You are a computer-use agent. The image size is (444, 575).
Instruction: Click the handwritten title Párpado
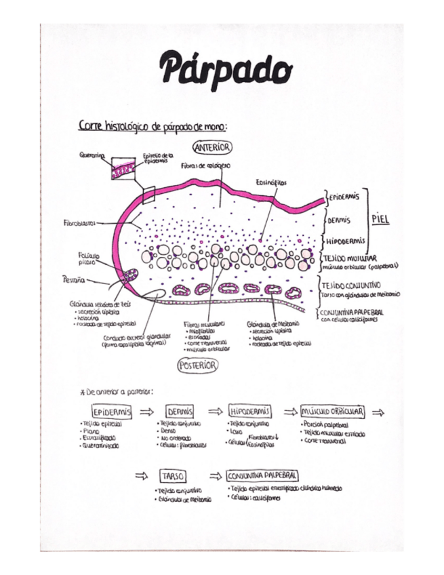pos(225,68)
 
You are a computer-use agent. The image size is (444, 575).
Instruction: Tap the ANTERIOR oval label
pos(213,147)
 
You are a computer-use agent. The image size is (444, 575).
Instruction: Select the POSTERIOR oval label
pos(197,365)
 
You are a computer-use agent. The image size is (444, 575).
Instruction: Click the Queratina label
pos(91,155)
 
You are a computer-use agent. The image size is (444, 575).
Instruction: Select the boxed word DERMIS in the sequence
pos(180,412)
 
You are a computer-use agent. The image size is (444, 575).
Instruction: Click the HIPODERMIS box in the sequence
pos(251,412)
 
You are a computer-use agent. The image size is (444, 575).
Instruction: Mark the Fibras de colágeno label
pos(205,165)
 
